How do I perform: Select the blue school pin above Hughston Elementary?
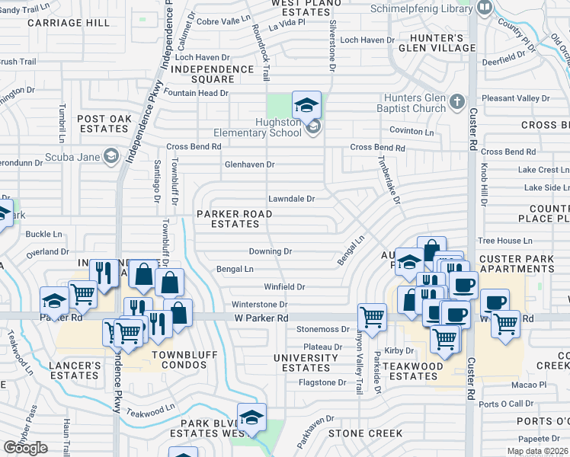pos(306,105)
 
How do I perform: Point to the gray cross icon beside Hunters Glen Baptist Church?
pos(456,101)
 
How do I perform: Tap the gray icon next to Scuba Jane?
pos(111,156)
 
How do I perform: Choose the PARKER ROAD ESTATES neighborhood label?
pos(234,219)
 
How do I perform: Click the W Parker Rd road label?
pos(261,318)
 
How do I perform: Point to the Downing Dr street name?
pos(271,251)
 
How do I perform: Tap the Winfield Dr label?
pos(284,287)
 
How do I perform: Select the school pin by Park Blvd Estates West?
pos(251,417)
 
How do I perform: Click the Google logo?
pos(25,448)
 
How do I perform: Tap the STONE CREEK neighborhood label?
pos(365,433)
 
